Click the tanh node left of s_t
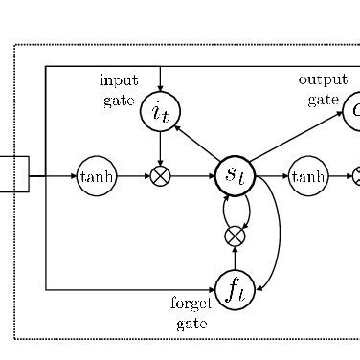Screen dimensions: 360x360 click(95, 176)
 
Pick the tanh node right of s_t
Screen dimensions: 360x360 click(308, 176)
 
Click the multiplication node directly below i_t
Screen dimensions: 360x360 click(160, 176)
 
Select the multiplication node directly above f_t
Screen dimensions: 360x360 click(235, 236)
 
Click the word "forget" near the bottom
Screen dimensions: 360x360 click(191, 304)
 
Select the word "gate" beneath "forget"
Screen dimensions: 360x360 click(191, 324)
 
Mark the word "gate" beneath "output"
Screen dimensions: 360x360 click(324, 100)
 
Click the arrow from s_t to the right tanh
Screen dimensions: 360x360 click(272, 176)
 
